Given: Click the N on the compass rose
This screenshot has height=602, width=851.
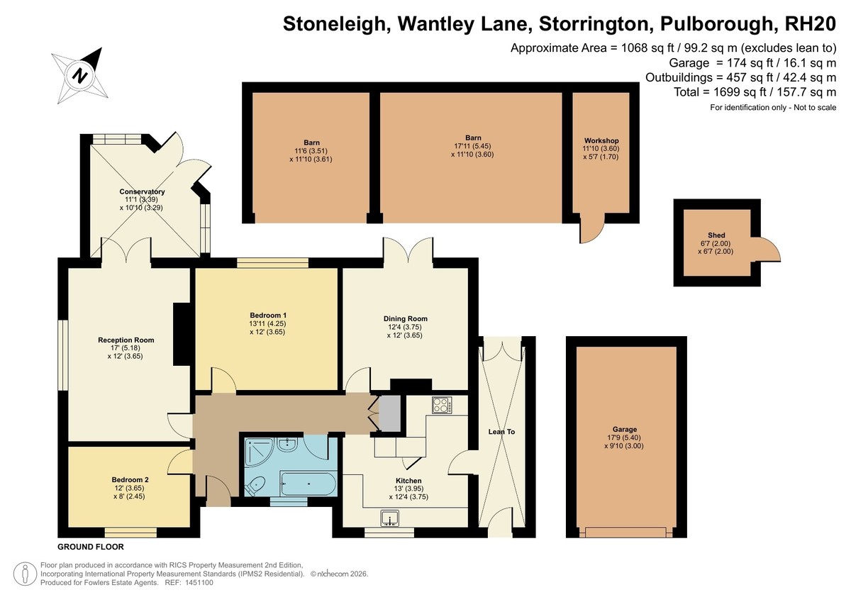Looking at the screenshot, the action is click(x=79, y=75).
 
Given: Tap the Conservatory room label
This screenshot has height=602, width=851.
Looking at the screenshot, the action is click(x=142, y=191).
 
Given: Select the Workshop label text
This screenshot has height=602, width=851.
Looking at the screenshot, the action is click(x=601, y=140).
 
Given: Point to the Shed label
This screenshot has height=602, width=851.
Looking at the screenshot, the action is click(x=716, y=235).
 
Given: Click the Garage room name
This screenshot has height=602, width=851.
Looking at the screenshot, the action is click(x=625, y=429).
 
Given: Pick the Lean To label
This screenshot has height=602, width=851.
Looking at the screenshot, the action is click(x=501, y=431).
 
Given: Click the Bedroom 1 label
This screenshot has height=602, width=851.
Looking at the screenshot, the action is click(x=268, y=316).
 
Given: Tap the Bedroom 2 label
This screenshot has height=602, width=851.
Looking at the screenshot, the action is click(x=130, y=480).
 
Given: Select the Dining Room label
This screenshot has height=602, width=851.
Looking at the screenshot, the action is click(x=406, y=318).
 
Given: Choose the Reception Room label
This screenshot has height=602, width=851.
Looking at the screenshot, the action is click(x=126, y=340).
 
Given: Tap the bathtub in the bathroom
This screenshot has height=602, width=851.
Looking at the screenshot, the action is click(x=308, y=484).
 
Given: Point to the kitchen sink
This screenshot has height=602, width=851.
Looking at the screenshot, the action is click(x=389, y=518).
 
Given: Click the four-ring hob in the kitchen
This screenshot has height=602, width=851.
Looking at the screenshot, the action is click(x=442, y=405).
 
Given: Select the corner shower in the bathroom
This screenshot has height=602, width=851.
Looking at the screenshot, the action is click(x=259, y=451).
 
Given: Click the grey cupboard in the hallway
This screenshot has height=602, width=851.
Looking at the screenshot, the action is click(x=389, y=413).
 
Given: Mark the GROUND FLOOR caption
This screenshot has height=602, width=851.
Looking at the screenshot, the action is click(x=91, y=547).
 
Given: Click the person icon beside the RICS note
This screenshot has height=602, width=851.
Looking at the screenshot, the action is click(x=26, y=574).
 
